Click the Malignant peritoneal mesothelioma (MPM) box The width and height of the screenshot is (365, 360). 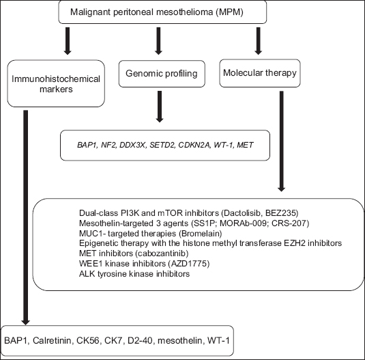(x=162, y=12)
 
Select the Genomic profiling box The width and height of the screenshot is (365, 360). (x=162, y=74)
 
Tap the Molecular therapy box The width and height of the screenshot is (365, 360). (x=260, y=73)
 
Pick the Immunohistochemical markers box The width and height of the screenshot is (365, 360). (x=56, y=83)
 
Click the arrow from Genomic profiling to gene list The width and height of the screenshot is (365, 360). (x=160, y=107)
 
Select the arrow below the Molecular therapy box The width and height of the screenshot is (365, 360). (x=282, y=141)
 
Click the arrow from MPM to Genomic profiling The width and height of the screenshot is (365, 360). (x=158, y=41)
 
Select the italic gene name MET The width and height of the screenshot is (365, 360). (x=245, y=146)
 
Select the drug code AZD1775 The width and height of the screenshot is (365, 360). (x=189, y=264)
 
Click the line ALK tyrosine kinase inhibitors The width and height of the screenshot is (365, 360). (x=134, y=274)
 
